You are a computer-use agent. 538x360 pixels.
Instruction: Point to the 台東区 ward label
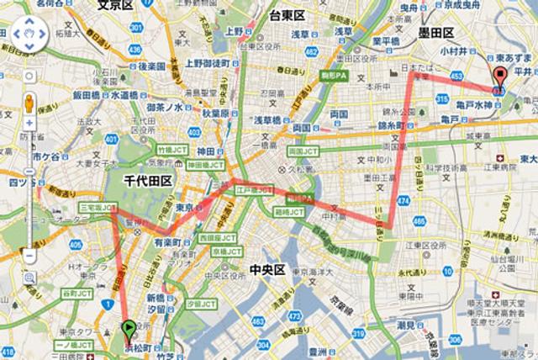(x=291, y=15)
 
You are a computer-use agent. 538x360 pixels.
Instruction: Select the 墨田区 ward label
(x=436, y=33)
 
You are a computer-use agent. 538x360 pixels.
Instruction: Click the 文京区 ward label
(x=115, y=5)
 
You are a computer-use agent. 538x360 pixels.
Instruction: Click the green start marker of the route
(x=128, y=329)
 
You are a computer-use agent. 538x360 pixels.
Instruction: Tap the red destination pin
(x=498, y=80)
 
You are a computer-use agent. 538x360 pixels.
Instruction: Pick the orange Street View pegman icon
(x=28, y=103)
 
